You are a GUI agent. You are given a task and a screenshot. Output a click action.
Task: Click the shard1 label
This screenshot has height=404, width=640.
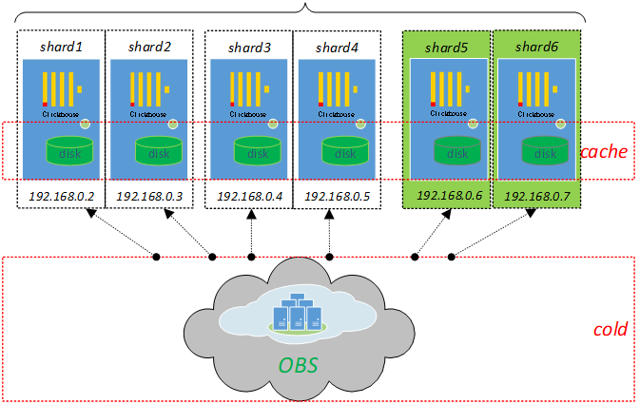61,46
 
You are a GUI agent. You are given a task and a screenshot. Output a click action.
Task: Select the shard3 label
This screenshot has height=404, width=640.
249,46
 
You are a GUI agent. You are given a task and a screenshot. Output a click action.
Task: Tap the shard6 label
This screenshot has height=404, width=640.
536,46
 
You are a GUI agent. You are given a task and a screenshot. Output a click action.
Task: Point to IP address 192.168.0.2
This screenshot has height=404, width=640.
61,196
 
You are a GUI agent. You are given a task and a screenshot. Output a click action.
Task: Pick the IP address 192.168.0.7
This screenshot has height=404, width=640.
536,196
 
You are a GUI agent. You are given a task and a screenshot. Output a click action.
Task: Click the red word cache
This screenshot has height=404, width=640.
606,150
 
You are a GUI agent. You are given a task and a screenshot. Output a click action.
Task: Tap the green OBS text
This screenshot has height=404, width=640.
299,364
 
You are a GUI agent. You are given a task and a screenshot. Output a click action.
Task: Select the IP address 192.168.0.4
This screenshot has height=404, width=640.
249,196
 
